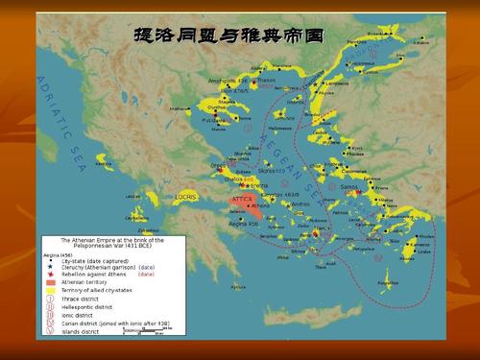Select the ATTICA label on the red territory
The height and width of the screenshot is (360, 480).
click(x=242, y=200)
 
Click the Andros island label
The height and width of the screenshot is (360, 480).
click(x=301, y=204)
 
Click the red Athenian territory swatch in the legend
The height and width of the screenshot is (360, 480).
click(x=52, y=282)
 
